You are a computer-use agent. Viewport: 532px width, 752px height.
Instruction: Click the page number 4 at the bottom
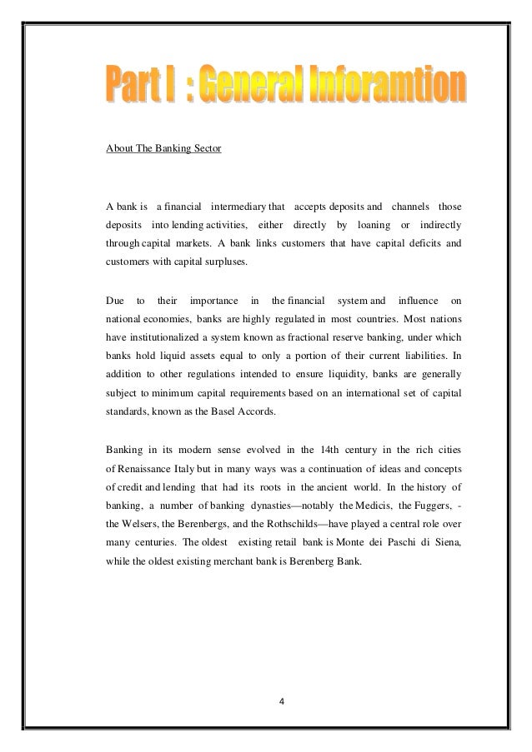point(281,698)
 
